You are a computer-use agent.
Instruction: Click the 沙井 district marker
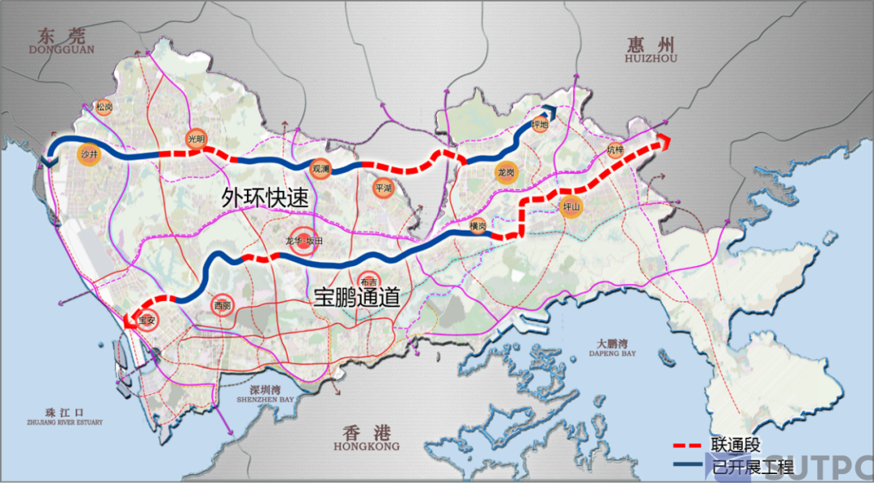click(89, 154)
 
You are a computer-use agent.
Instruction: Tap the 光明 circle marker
click(196, 138)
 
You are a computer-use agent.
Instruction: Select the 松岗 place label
click(104, 107)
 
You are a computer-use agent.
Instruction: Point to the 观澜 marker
click(320, 168)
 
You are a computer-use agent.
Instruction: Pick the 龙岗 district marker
click(507, 172)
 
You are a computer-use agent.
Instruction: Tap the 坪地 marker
click(541, 125)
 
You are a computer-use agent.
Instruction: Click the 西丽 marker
click(222, 306)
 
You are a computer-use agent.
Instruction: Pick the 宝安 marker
click(146, 320)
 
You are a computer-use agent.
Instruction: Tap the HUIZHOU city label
click(650, 58)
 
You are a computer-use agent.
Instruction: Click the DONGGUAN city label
click(62, 49)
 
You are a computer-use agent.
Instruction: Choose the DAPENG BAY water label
click(613, 354)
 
